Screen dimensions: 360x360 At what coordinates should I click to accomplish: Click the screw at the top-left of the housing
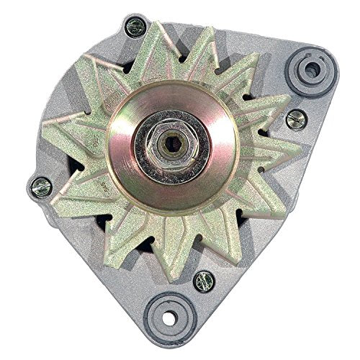pos(135,27)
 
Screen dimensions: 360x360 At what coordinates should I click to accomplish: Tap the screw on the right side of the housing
pos(295,119)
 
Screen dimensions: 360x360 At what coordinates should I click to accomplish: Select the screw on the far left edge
pos(41,187)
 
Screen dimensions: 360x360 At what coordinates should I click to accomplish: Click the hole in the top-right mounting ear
pos(312,70)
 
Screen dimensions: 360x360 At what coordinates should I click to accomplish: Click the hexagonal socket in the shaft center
pos(171,143)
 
